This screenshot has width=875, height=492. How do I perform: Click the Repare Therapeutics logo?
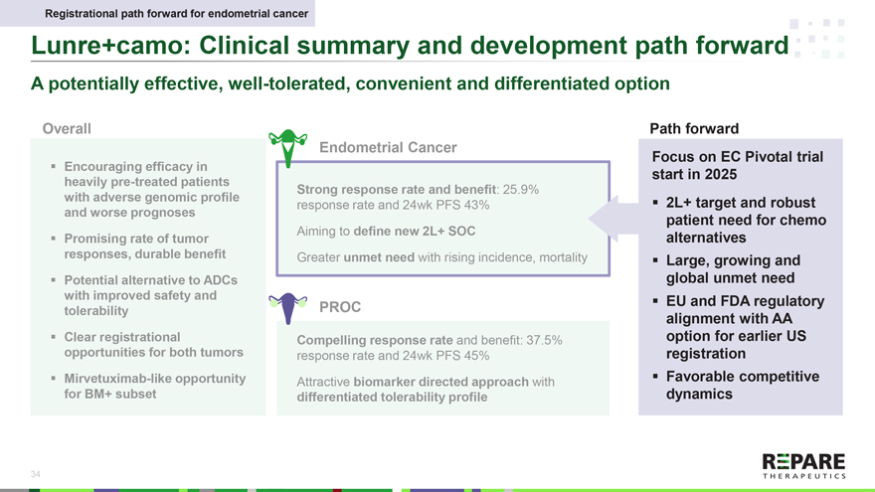(x=803, y=466)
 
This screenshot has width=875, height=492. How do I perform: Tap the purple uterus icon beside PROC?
(x=288, y=308)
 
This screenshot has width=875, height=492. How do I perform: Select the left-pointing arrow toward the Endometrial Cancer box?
(x=613, y=219)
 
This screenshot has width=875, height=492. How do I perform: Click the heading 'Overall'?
(x=67, y=129)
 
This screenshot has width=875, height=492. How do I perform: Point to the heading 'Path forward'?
(x=694, y=129)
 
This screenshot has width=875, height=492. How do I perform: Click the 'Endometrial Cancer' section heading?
(x=388, y=147)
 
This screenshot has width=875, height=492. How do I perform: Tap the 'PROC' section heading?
(x=340, y=307)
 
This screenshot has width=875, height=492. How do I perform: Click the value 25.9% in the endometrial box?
(x=521, y=190)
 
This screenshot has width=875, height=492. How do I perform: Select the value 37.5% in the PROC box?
(x=544, y=340)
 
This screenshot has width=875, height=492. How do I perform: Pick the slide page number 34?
(x=35, y=474)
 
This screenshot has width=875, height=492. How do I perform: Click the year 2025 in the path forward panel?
(x=721, y=175)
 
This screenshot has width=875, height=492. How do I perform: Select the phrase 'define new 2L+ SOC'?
(x=414, y=232)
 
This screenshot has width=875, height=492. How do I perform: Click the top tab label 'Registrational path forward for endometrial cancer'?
(x=176, y=13)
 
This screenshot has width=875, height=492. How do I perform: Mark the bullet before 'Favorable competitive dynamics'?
(x=655, y=377)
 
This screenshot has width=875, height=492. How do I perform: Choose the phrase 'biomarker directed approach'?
(x=440, y=382)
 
